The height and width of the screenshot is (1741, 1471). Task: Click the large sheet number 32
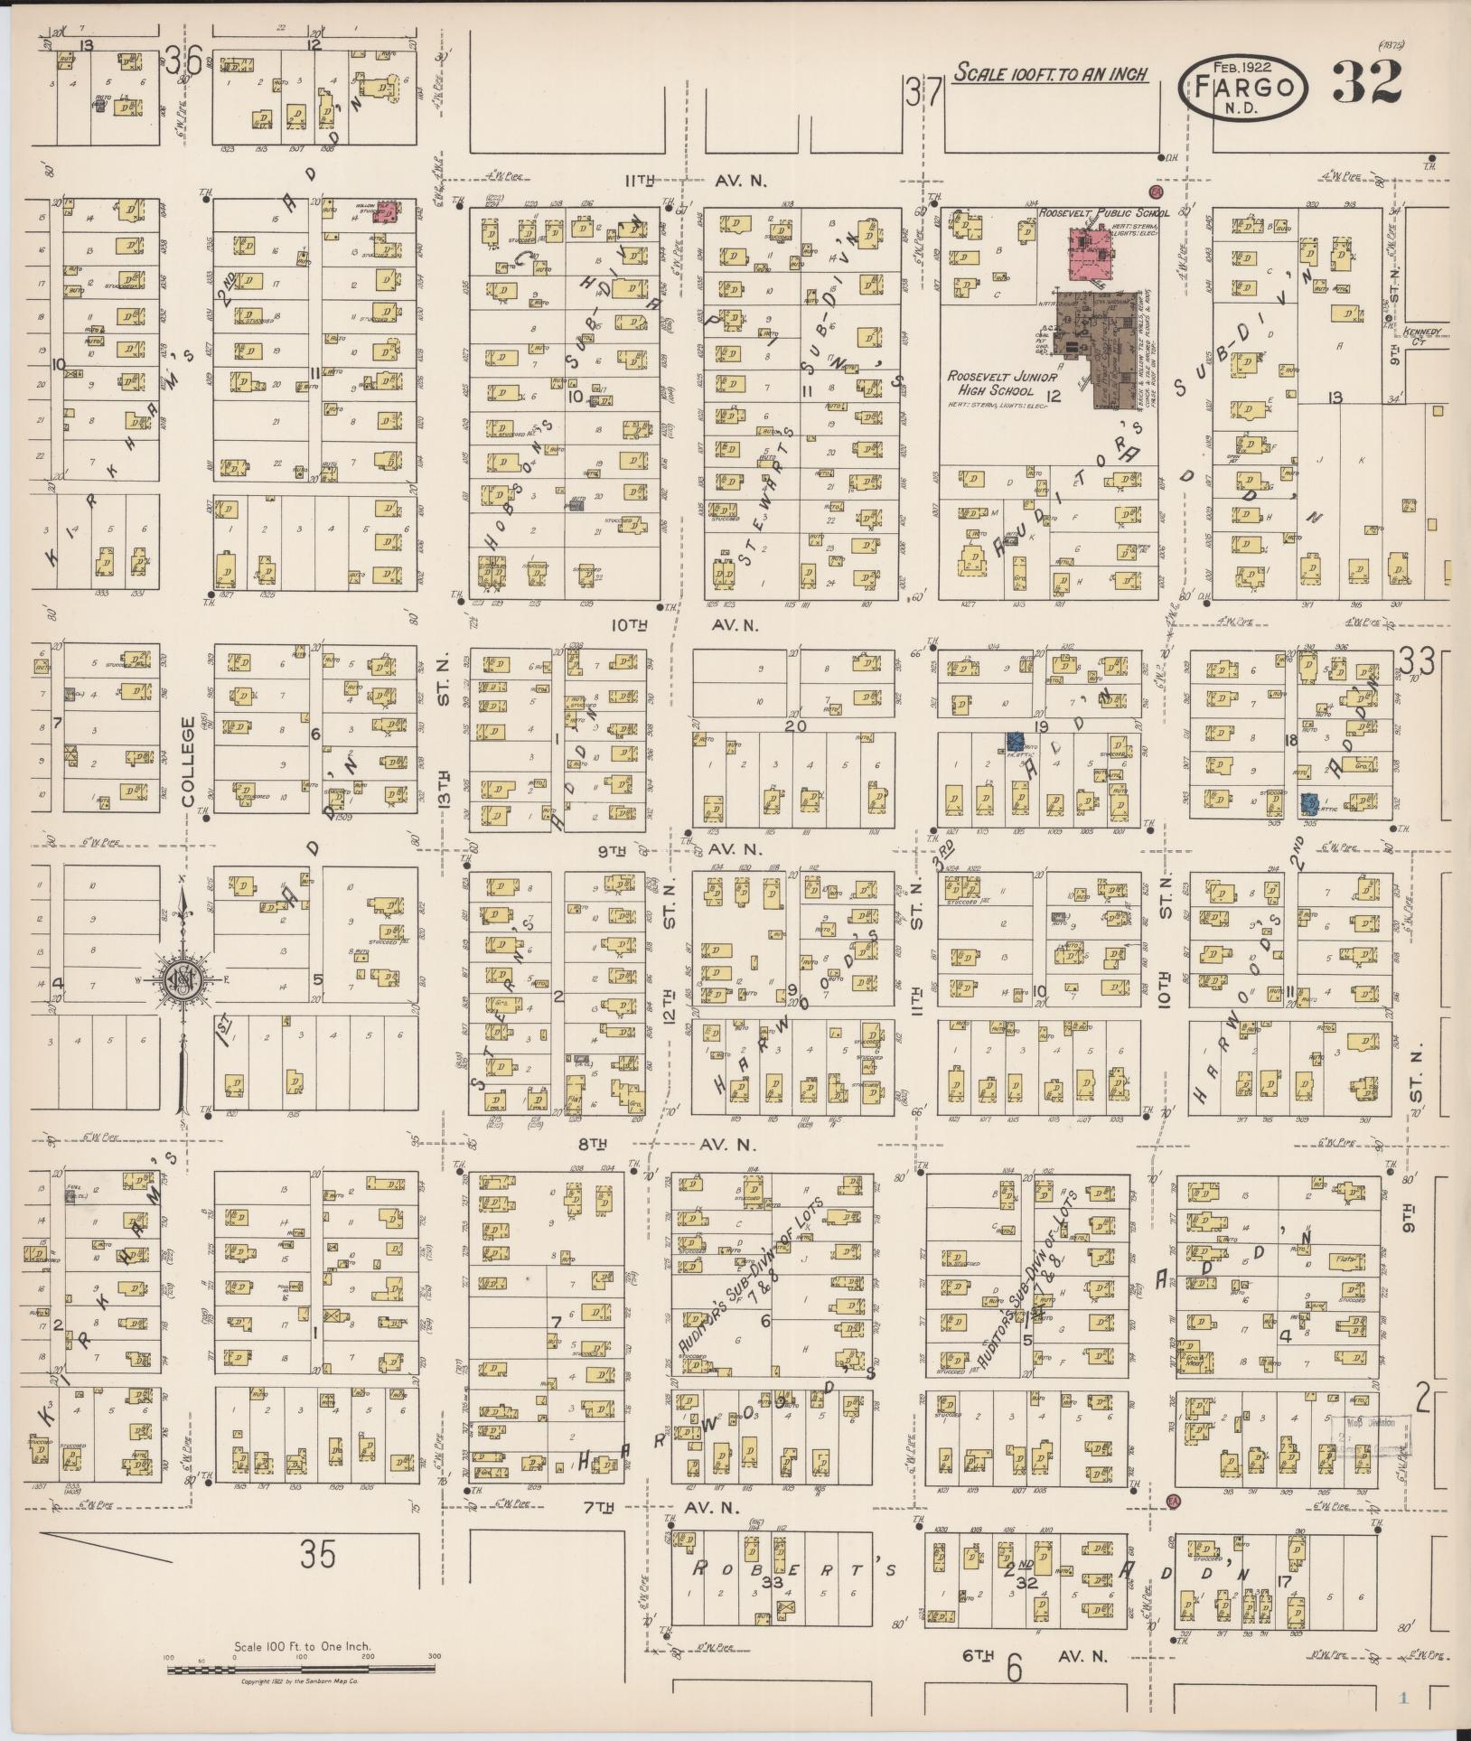click(x=1366, y=83)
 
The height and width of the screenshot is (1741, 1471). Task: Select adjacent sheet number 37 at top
click(x=925, y=92)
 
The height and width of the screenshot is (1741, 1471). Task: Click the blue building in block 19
click(x=1016, y=741)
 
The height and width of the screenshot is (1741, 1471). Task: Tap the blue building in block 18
click(x=1308, y=801)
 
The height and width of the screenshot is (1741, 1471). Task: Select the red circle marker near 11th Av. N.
click(x=1155, y=192)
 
